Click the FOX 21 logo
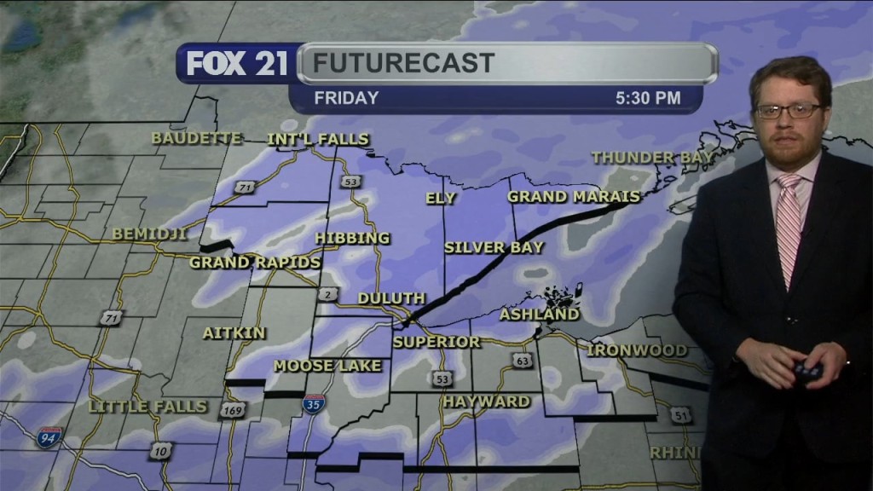pos(237,64)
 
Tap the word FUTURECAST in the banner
pos(402,63)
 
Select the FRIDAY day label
pos(346,98)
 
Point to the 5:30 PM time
pos(648,98)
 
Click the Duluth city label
pos(391,298)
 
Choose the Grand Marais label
pos(573,197)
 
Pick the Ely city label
pos(441,199)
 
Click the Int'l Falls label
pos(318,139)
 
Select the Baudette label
pos(197,138)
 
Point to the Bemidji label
pos(149,234)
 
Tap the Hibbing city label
pos(352,238)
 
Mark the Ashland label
pos(539,315)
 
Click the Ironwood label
pos(637,350)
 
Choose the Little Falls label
pos(147,407)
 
